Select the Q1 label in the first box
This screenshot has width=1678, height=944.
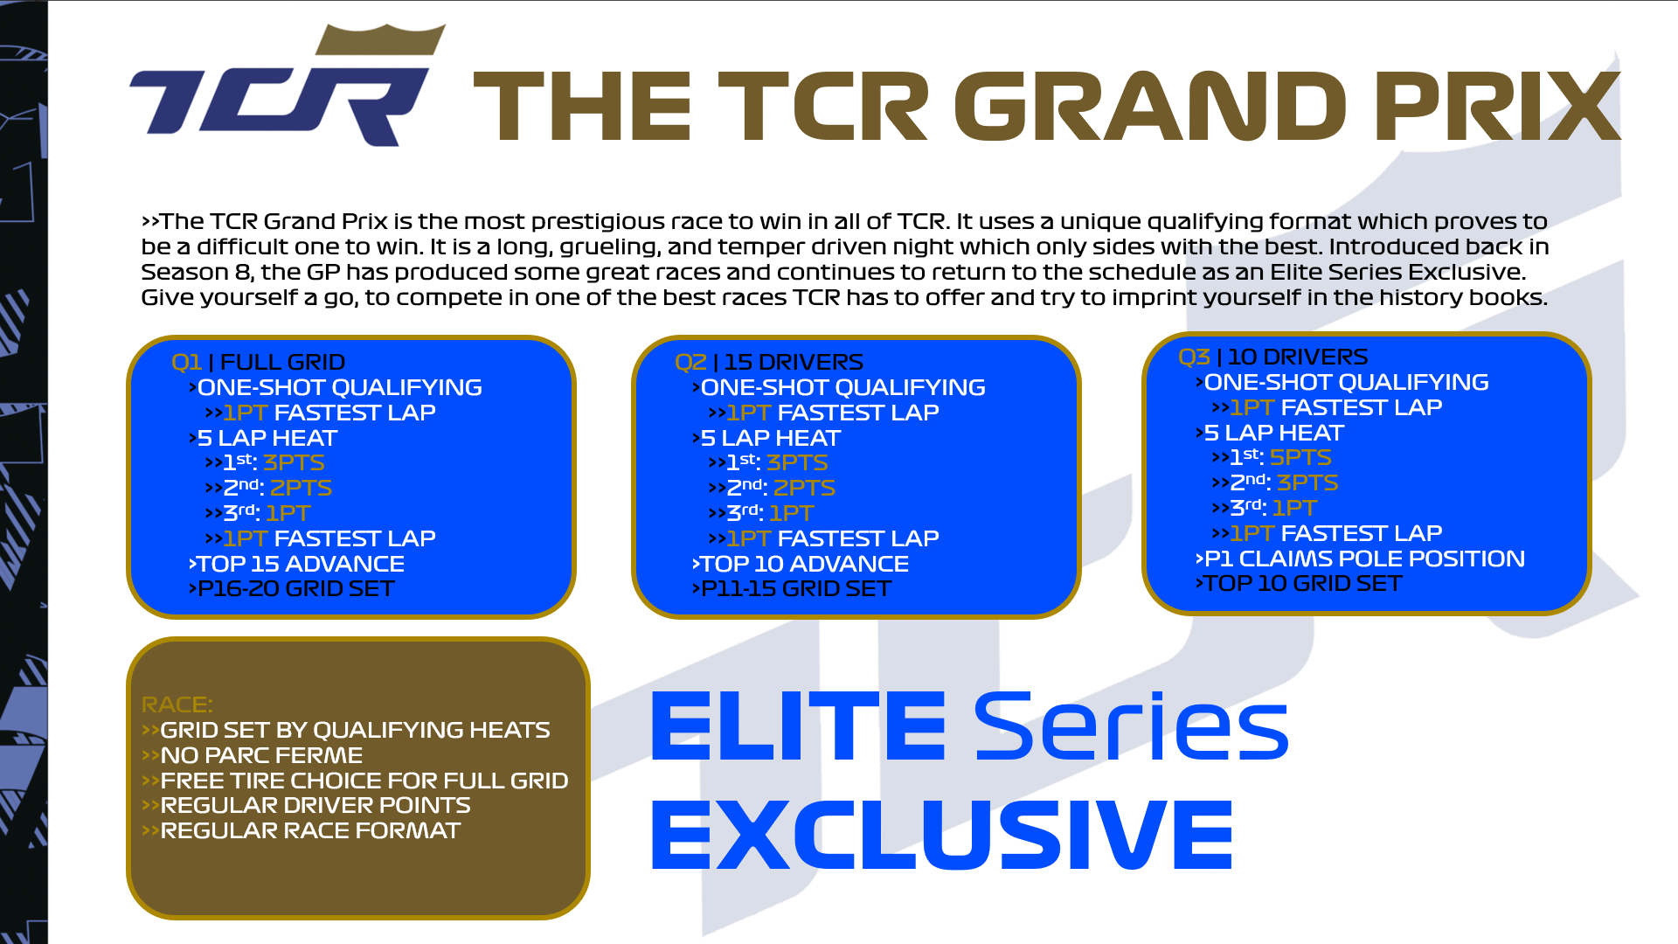[x=186, y=362]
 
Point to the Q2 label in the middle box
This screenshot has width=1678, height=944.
[x=690, y=362]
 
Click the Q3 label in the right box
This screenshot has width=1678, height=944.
[x=1193, y=357]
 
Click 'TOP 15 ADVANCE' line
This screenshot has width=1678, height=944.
[x=300, y=564]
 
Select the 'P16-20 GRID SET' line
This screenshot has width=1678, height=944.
[x=295, y=588]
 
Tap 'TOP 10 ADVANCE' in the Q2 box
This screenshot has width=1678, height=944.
[x=804, y=564]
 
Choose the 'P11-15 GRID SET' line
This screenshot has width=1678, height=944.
[x=795, y=588]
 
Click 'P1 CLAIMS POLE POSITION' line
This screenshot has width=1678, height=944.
[x=1363, y=559]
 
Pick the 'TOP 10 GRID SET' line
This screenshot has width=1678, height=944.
[x=1302, y=583]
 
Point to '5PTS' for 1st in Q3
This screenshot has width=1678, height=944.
[x=1300, y=457]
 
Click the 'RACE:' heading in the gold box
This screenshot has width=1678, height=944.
[x=177, y=705]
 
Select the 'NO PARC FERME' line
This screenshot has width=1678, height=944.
[x=260, y=755]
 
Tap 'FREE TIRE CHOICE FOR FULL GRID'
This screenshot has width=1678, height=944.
[x=364, y=781]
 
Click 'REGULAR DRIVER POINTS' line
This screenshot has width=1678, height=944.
[x=315, y=805]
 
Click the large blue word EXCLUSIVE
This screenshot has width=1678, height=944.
[x=941, y=835]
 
